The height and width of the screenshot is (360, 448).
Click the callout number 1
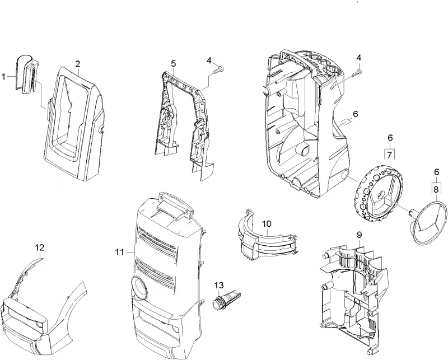[3, 77]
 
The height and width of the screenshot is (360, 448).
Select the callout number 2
[78, 64]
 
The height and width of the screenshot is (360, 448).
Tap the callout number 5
[174, 63]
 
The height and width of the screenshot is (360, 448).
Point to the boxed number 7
[390, 156]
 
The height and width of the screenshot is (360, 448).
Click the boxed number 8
[436, 189]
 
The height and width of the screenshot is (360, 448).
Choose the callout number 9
[360, 235]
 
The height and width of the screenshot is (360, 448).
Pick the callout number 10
[267, 224]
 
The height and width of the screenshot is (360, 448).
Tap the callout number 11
[120, 252]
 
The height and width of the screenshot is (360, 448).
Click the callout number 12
[40, 247]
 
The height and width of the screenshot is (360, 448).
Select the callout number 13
[219, 285]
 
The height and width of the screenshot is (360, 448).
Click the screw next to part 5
[219, 69]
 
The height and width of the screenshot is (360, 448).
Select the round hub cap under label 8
[428, 222]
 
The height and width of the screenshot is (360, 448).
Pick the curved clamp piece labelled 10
[265, 237]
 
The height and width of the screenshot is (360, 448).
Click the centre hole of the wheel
[381, 196]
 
